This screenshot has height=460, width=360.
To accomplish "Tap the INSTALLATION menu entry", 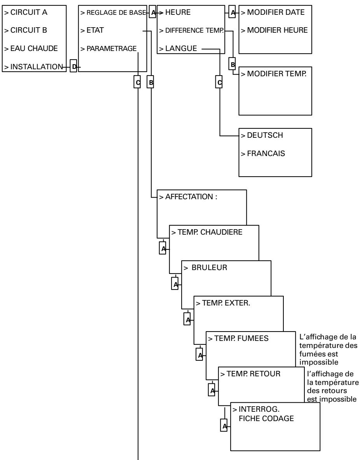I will click(33, 67).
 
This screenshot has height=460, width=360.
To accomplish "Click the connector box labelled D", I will click(73, 67).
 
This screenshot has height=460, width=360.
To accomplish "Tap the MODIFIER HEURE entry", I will click(274, 31).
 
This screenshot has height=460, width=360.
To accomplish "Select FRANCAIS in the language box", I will click(263, 153).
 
